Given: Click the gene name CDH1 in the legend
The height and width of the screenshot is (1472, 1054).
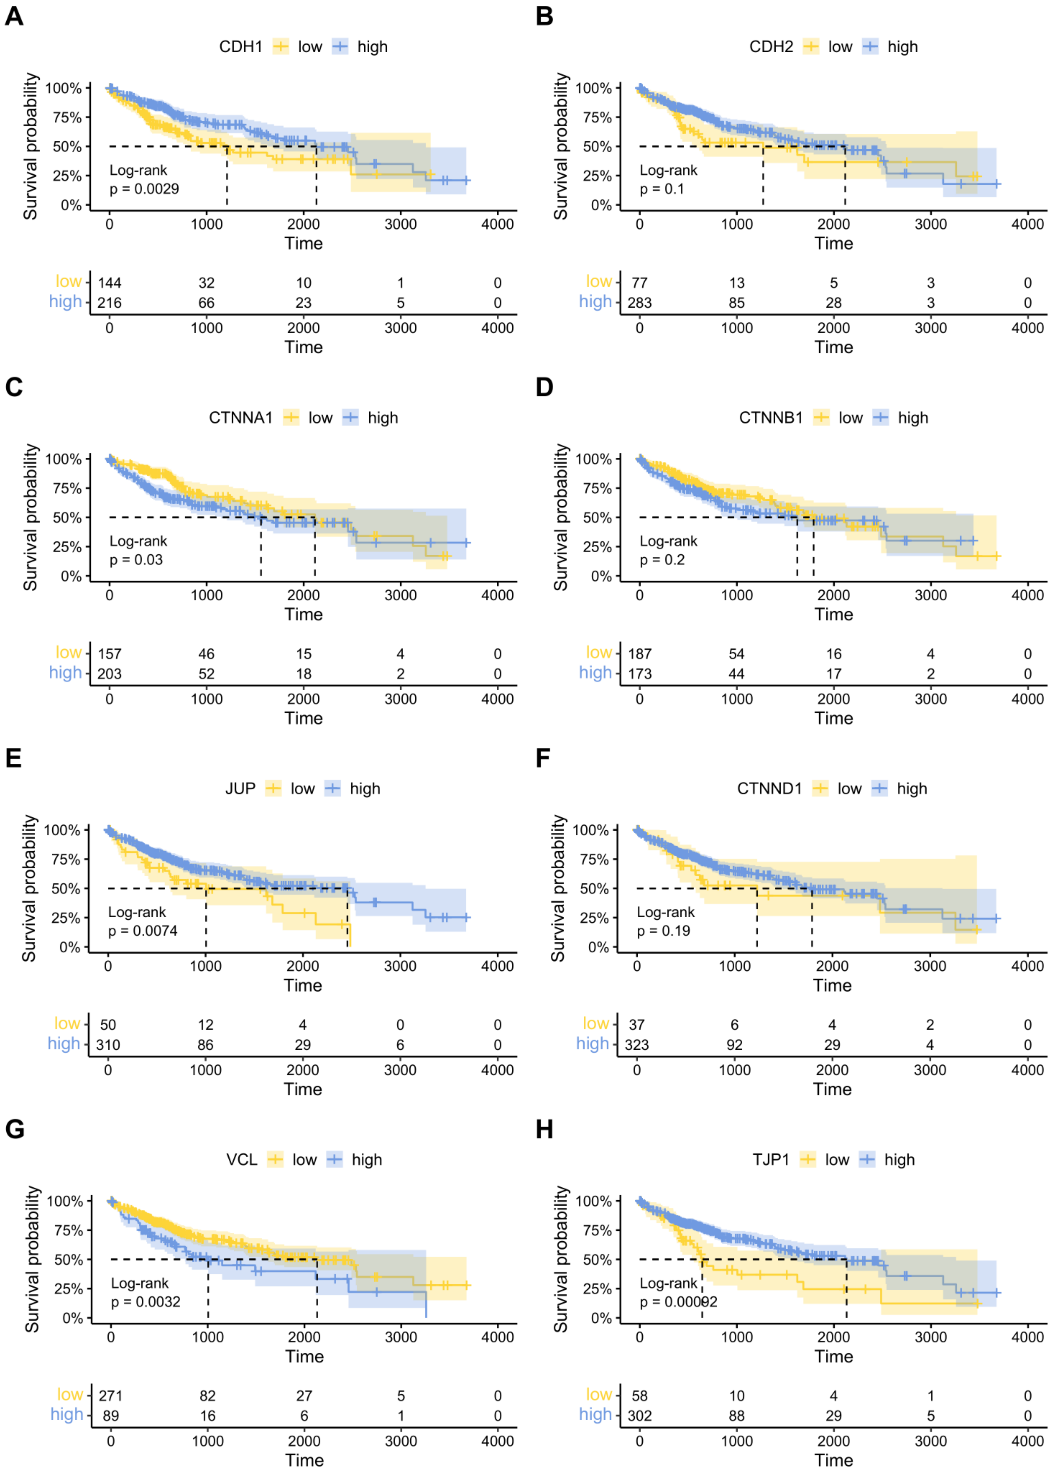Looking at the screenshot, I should (x=241, y=47).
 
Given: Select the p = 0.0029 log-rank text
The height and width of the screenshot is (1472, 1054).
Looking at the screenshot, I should (x=144, y=189).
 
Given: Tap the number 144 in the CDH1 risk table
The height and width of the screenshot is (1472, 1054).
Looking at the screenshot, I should (x=110, y=283).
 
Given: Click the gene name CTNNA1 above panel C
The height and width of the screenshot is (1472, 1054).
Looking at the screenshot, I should (x=241, y=418).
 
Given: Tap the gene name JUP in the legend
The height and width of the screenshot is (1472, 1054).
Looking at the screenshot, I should (x=240, y=789).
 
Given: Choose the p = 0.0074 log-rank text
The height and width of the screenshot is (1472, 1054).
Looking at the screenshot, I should (x=143, y=931).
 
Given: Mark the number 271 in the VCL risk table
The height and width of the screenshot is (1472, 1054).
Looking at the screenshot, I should (x=111, y=1396).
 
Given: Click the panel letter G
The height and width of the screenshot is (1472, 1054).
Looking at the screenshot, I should (x=14, y=1129).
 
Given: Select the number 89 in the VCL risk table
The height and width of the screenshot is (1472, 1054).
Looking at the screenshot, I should (x=111, y=1416).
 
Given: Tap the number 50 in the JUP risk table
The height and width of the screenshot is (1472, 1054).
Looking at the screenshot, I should (x=108, y=1025).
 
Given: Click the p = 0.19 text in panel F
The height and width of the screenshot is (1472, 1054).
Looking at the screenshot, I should (x=663, y=931).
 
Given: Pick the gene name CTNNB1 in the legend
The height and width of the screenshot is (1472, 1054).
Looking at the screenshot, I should (x=770, y=418).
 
